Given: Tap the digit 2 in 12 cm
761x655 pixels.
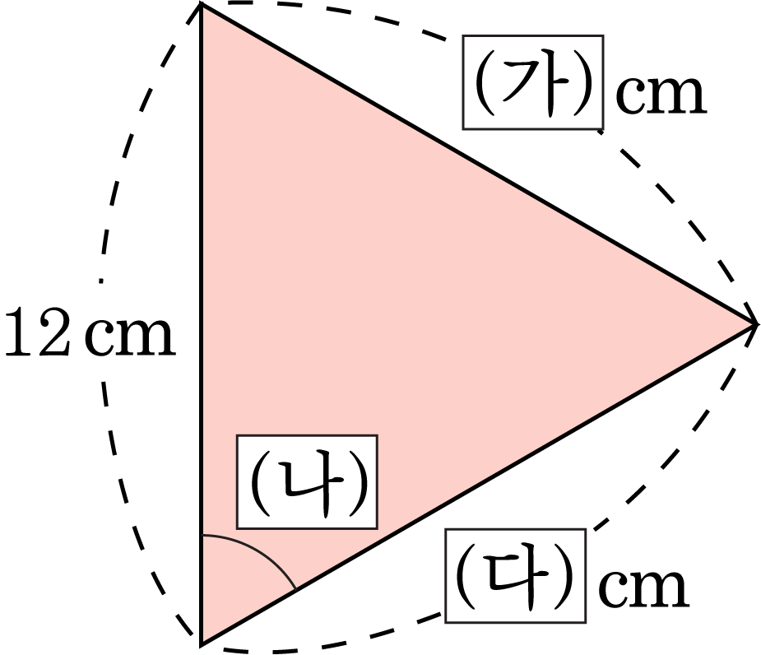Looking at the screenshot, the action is (x=53, y=332).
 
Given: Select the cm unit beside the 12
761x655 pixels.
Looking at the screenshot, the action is (x=129, y=337).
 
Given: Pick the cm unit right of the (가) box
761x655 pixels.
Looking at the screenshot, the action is (x=661, y=95).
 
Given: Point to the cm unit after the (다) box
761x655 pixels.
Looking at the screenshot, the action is (x=643, y=588).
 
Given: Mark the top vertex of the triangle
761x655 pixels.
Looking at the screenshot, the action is (x=201, y=4).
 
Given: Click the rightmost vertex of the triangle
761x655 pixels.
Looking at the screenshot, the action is (x=755, y=324).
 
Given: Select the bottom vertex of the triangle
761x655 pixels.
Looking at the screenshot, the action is (x=201, y=644).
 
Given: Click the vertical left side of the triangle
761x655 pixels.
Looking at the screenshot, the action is (x=201, y=324).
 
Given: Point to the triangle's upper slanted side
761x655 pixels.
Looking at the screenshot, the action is (x=478, y=164).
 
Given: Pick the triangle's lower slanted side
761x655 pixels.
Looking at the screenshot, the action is (x=478, y=484).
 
